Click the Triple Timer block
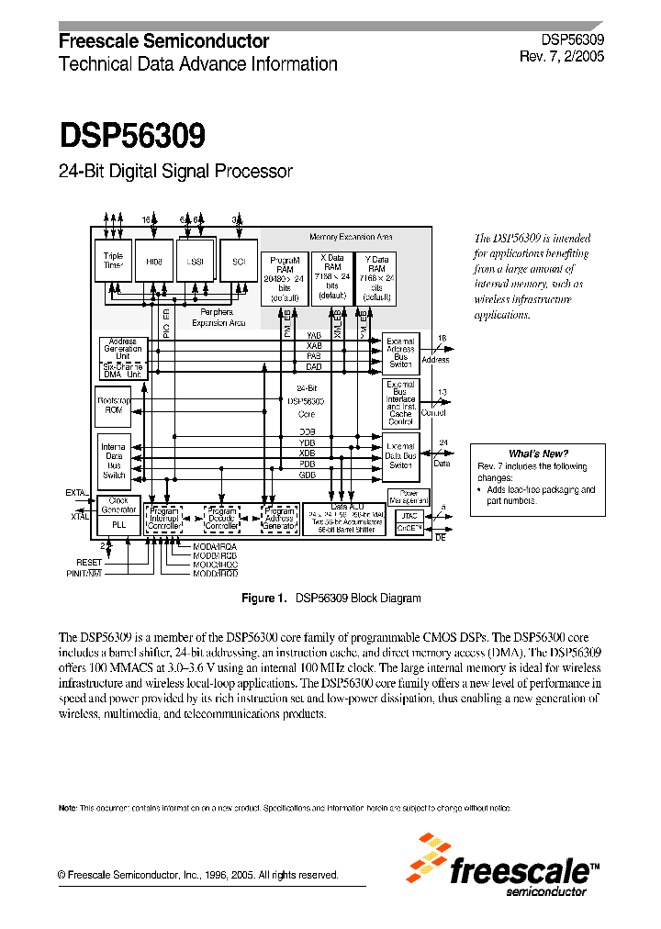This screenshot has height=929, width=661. tap(113, 261)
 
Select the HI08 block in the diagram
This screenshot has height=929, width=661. tap(153, 261)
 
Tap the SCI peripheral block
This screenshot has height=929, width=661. tap(239, 261)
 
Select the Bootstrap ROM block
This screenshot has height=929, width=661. tap(114, 406)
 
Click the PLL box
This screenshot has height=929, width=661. tap(118, 523)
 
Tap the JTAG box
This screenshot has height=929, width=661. tap(409, 517)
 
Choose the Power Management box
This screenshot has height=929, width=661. tap(409, 497)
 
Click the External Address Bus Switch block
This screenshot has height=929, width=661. tap(401, 353)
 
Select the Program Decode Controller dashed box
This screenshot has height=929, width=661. tap(221, 518)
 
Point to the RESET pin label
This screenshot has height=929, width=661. tap(89, 562)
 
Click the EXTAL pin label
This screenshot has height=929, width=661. tap(77, 493)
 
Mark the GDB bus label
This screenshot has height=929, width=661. tap(307, 476)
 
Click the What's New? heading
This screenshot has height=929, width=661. tap(538, 453)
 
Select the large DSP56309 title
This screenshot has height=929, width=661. tap(132, 136)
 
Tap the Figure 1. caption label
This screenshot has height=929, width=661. tap(264, 599)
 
